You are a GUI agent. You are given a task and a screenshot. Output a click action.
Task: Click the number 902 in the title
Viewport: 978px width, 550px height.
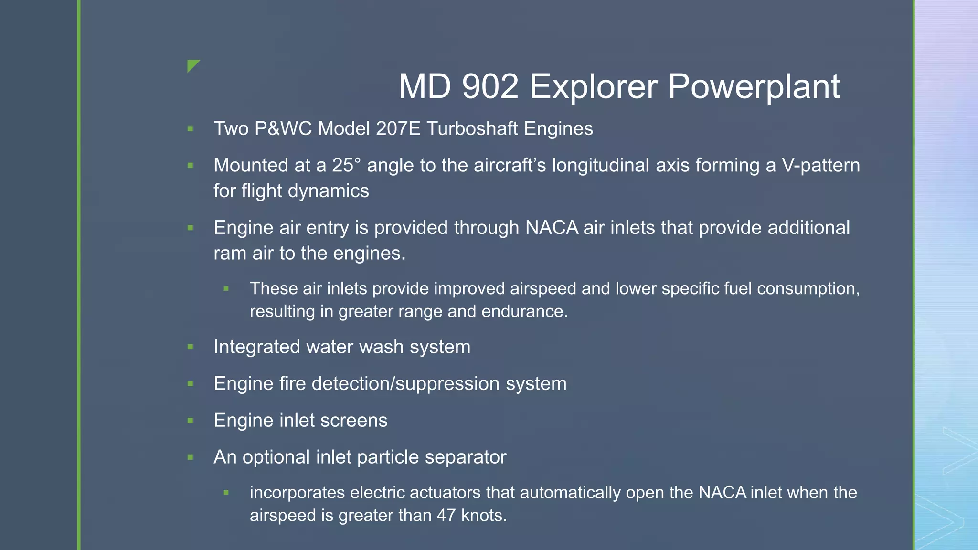[490, 87]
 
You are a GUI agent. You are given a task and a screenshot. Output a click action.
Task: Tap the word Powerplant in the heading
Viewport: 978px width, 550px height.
[754, 87]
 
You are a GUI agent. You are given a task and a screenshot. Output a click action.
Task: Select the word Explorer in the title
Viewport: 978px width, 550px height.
[594, 87]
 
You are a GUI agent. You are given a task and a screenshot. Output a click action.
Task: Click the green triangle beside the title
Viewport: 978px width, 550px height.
[193, 65]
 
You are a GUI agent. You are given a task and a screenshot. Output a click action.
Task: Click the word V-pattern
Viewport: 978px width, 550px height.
[820, 166]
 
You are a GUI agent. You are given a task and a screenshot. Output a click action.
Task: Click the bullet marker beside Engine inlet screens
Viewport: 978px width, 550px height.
[191, 421]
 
